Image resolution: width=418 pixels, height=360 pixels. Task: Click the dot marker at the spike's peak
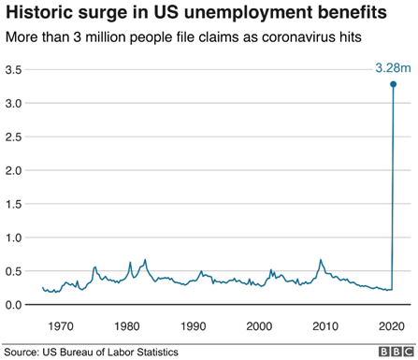[393, 84]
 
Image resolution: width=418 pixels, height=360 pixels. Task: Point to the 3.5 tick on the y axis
[14, 70]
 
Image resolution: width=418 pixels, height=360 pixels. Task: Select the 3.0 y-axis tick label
[14, 104]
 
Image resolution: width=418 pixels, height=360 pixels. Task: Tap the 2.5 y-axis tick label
[14, 137]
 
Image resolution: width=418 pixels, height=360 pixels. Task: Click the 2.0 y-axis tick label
[14, 171]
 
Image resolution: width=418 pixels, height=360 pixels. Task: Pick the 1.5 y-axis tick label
[14, 205]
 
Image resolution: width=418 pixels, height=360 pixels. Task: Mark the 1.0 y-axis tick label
[14, 238]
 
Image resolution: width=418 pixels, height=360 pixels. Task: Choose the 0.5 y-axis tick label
[14, 272]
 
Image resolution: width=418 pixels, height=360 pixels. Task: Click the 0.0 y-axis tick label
[14, 306]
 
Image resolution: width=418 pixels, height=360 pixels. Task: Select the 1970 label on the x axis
[62, 326]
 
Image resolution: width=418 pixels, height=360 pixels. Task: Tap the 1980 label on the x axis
[128, 326]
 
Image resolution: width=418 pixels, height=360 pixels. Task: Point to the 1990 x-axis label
[194, 326]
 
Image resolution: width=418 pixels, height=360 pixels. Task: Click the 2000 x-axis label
[260, 326]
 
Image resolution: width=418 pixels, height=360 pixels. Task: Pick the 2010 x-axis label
[325, 326]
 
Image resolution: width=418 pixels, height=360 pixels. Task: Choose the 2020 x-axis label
[392, 326]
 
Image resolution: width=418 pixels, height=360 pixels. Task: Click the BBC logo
[394, 351]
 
